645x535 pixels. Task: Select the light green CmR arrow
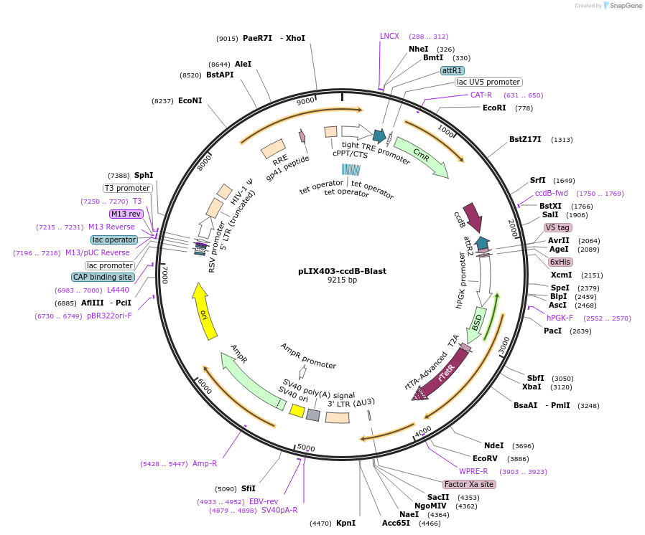click(x=421, y=156)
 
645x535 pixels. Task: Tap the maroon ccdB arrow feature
click(x=472, y=217)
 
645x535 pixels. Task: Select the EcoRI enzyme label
click(x=494, y=108)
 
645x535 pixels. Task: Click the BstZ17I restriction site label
click(x=525, y=139)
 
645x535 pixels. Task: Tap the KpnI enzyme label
click(x=345, y=523)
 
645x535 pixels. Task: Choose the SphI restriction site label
click(x=144, y=175)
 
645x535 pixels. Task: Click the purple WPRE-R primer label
click(x=473, y=471)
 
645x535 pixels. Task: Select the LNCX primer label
click(x=389, y=36)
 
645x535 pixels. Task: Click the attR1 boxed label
click(x=452, y=70)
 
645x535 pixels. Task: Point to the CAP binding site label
click(x=102, y=277)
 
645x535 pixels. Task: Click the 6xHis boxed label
click(x=560, y=262)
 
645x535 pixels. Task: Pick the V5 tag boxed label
click(x=557, y=227)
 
